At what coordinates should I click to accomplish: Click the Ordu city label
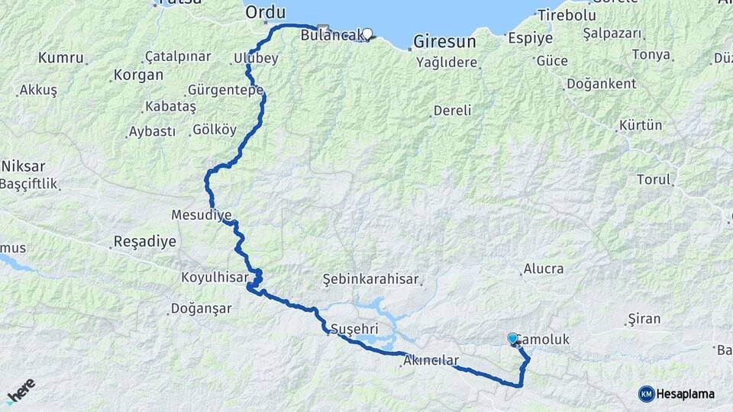point(265,13)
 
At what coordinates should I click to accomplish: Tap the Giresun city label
point(444,41)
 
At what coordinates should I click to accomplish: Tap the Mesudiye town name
point(202,215)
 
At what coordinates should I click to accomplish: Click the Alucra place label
point(543,269)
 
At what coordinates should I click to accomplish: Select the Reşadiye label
point(144,242)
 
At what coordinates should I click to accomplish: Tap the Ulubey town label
point(257,59)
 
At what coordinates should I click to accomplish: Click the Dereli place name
point(452,111)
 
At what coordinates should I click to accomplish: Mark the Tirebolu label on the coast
point(566,15)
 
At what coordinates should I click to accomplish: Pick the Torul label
point(654,180)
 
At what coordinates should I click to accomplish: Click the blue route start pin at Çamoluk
point(513,338)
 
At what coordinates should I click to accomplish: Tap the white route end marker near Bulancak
point(368,34)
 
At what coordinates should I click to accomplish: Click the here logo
point(21,390)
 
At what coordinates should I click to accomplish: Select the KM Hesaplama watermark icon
point(646,394)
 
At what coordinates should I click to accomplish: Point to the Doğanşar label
point(199,310)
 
